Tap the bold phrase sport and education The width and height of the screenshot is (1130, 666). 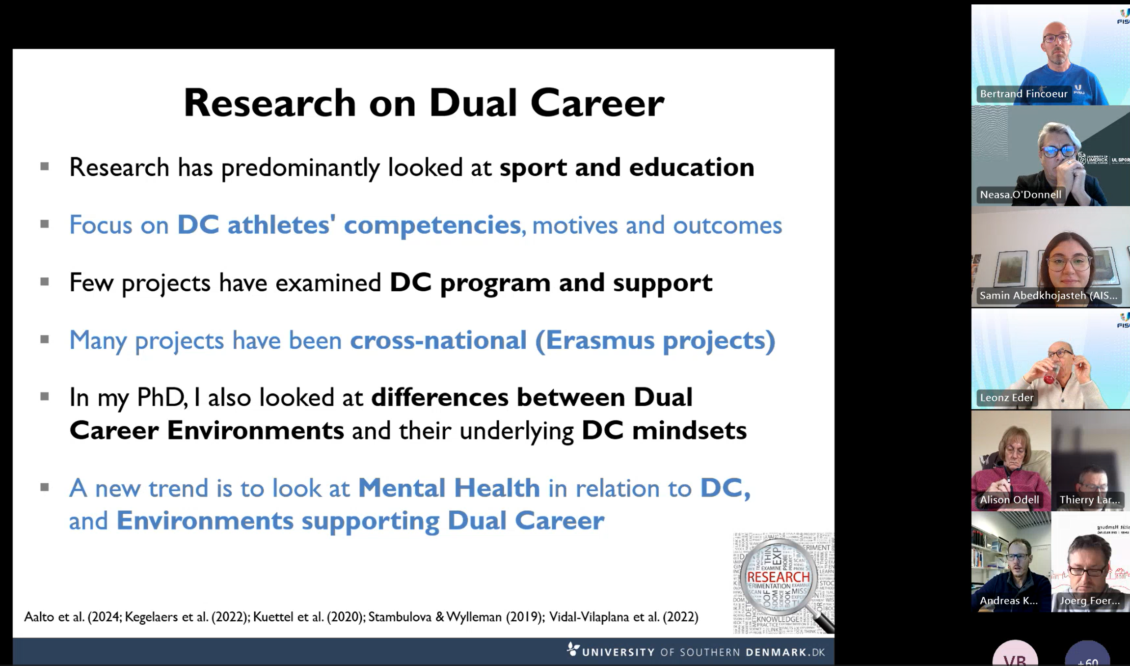(626, 167)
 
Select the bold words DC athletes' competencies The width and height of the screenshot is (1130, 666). (349, 225)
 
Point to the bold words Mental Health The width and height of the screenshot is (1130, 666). (449, 488)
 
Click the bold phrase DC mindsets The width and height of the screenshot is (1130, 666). (664, 430)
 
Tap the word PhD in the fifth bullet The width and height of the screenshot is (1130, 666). (160, 397)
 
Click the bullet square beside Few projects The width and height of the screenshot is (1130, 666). (45, 281)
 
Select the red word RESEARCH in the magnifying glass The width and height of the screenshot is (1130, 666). (778, 577)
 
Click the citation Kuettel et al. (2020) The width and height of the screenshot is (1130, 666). (308, 617)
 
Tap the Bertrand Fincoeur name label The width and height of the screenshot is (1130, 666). (1023, 94)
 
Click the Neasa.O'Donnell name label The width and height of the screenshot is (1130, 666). (1020, 194)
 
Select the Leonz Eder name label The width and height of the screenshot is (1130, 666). (1006, 397)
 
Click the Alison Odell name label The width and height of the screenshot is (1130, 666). (1009, 499)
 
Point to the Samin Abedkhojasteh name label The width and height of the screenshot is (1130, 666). (1048, 295)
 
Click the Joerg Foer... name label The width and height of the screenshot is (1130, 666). (1089, 600)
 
